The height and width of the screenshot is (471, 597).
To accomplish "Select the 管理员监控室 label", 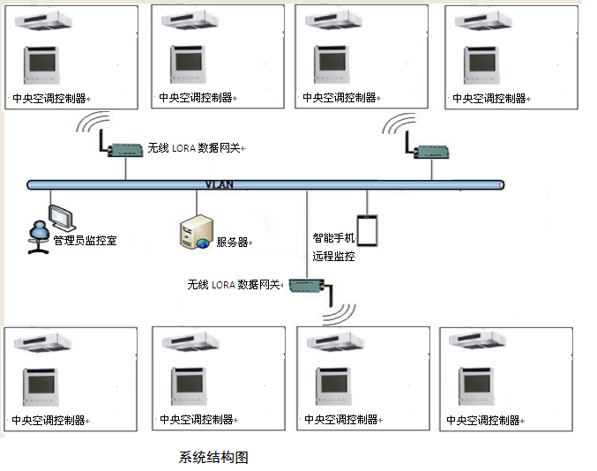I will click(85, 240).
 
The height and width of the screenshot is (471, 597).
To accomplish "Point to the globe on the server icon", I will click(203, 243).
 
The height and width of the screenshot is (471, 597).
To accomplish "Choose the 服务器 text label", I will click(232, 242).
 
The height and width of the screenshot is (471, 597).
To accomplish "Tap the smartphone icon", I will click(368, 230).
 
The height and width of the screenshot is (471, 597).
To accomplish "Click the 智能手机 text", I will click(333, 238).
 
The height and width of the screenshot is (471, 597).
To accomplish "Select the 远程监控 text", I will click(333, 257).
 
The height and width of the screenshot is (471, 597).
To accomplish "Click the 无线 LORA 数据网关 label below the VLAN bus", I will click(234, 285).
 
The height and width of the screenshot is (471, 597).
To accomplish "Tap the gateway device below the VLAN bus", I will click(307, 285).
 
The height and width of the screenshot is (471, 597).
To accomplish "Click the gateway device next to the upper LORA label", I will click(124, 149).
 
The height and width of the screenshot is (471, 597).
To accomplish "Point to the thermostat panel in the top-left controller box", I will click(41, 65).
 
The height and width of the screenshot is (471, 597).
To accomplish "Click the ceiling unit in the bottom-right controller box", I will click(481, 340).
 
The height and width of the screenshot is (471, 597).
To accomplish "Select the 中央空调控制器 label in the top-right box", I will click(489, 98).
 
